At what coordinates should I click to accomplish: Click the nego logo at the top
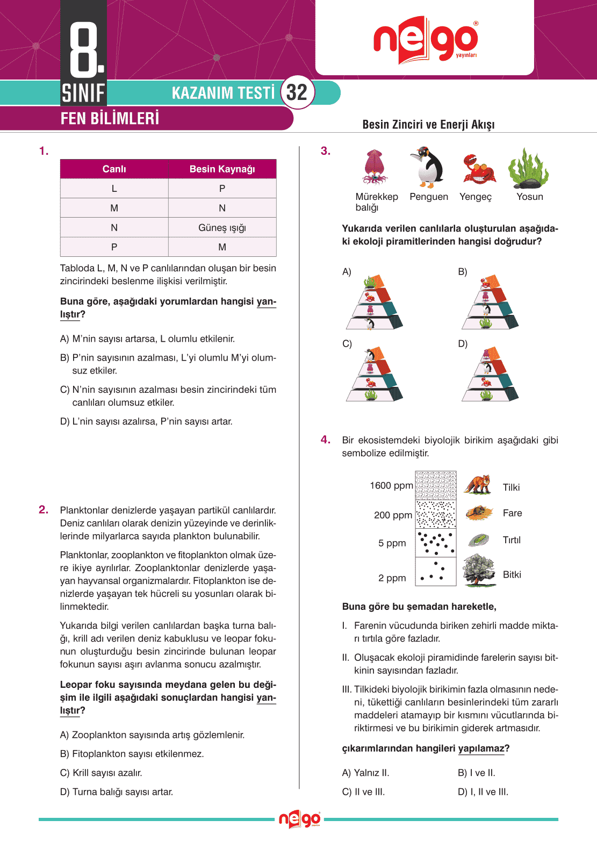(425, 40)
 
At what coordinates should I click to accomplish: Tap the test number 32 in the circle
(297, 92)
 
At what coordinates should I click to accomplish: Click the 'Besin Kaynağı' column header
(222, 169)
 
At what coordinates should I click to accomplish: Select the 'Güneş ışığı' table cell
(222, 227)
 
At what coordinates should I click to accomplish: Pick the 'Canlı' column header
(114, 169)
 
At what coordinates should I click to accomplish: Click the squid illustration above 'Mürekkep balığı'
(374, 167)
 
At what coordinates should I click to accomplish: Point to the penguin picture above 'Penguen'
(428, 167)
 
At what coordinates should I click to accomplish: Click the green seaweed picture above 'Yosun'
(528, 168)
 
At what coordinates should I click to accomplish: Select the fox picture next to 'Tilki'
(478, 484)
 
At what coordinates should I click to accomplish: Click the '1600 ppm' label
(391, 486)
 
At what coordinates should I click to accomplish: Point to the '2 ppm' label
(392, 578)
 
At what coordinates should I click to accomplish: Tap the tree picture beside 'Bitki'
(479, 570)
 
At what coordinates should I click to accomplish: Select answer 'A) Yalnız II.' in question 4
(365, 773)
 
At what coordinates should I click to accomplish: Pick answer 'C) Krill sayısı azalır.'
(101, 773)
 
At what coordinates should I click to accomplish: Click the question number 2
(44, 509)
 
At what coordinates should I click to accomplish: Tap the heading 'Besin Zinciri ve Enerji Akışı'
(428, 125)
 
